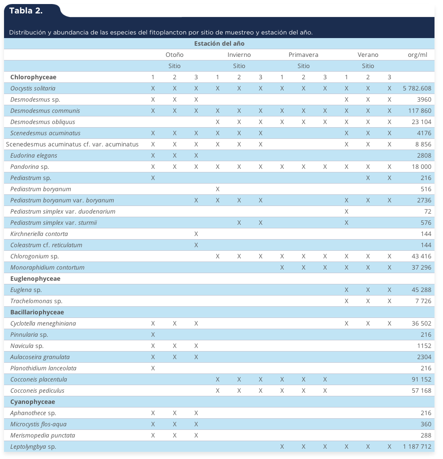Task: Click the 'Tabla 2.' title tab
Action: click(x=26, y=11)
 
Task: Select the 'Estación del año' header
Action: click(x=219, y=43)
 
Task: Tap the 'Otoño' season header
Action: click(x=175, y=55)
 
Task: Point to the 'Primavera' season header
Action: click(x=303, y=55)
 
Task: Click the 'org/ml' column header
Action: click(x=417, y=55)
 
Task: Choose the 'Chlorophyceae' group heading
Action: click(x=34, y=77)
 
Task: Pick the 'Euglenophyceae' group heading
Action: click(x=35, y=279)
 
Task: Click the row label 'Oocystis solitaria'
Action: click(x=33, y=88)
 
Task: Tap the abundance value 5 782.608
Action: click(x=417, y=88)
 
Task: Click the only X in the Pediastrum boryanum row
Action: click(x=217, y=189)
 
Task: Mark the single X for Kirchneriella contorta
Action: click(x=196, y=234)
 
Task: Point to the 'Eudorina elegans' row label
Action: click(x=34, y=155)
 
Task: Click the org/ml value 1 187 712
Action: click(x=417, y=447)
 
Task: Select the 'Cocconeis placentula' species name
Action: click(x=38, y=379)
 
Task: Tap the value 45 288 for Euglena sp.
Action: click(x=422, y=290)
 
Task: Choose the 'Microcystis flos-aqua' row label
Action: click(x=38, y=424)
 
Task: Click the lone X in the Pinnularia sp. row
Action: click(x=153, y=335)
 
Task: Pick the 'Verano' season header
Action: click(x=368, y=55)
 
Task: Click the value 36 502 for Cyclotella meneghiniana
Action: click(x=422, y=323)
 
